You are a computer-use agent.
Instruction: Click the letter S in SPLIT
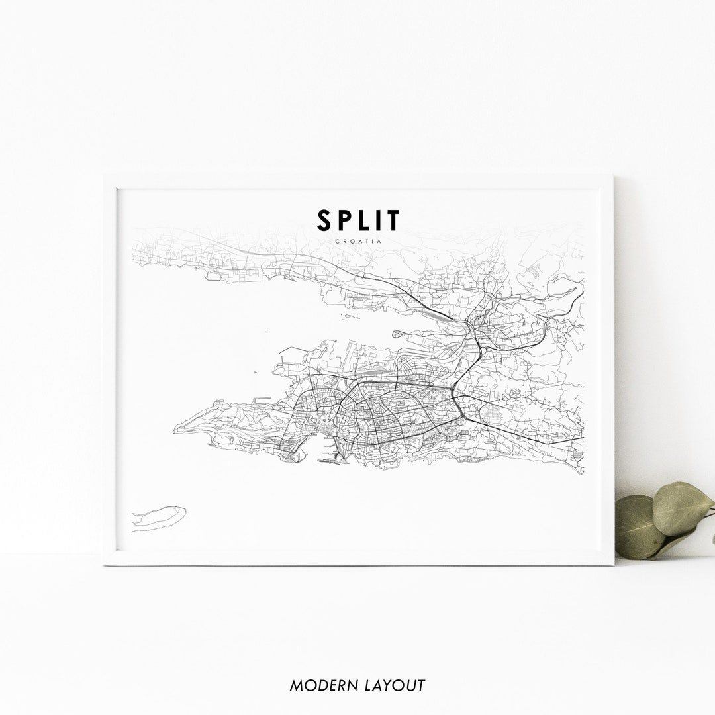pyautogui.click(x=324, y=220)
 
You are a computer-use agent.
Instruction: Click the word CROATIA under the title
pyautogui.click(x=358, y=241)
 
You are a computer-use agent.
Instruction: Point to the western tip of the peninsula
pyautogui.click(x=175, y=431)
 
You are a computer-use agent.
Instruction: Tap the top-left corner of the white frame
pyautogui.click(x=104, y=177)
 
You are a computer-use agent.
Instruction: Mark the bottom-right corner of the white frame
pyautogui.click(x=613, y=564)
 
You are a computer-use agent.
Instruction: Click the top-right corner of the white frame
pyautogui.click(x=612, y=177)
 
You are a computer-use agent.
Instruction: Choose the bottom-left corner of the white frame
pyautogui.click(x=104, y=564)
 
